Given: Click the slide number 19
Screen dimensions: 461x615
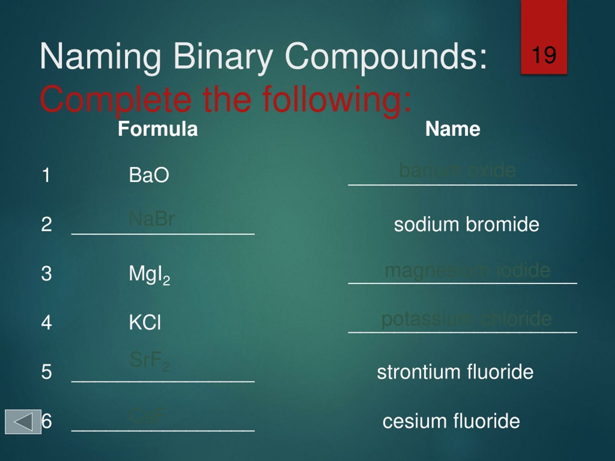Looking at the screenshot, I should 544,55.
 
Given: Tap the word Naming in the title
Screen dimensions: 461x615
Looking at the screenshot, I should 100,57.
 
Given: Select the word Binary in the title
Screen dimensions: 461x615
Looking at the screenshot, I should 222,57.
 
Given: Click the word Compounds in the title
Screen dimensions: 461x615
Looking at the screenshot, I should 385,57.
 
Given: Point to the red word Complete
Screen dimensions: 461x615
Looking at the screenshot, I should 115,99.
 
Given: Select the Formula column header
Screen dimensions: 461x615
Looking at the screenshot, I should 158,129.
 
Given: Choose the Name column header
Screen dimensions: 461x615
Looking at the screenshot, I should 453,129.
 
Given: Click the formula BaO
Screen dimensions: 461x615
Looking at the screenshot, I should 149,175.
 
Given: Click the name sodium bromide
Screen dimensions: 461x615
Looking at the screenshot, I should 466,224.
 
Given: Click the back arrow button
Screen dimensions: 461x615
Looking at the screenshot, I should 23,422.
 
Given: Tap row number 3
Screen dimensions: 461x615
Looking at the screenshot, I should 46,273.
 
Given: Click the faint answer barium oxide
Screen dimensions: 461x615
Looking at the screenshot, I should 457,170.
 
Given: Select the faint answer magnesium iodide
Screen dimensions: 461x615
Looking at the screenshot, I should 467,270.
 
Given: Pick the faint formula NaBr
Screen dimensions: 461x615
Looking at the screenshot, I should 152,219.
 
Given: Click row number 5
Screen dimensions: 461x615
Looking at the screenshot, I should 46,372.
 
